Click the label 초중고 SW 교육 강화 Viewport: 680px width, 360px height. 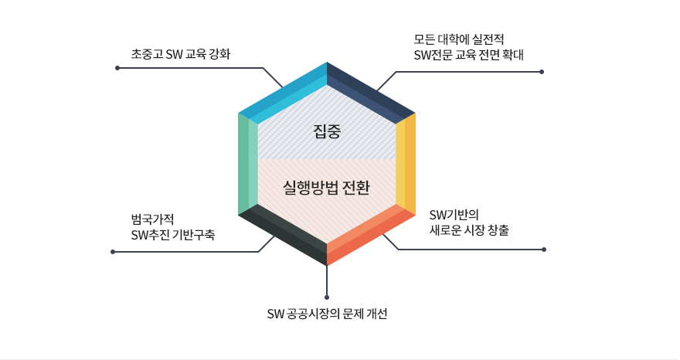[x=181, y=55]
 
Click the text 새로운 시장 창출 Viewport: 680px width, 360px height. [x=469, y=229]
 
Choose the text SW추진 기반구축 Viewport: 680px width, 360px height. [x=173, y=234]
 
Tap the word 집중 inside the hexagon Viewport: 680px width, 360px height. [x=327, y=131]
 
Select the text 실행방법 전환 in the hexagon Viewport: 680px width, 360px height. [x=327, y=187]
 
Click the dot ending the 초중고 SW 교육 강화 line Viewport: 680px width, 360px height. [x=117, y=68]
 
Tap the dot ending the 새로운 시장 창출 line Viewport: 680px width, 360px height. [x=544, y=250]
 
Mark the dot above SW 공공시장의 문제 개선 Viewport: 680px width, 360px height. [x=327, y=297]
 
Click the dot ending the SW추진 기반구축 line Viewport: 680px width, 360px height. [x=113, y=252]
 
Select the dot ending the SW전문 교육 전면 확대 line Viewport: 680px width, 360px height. [x=542, y=72]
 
